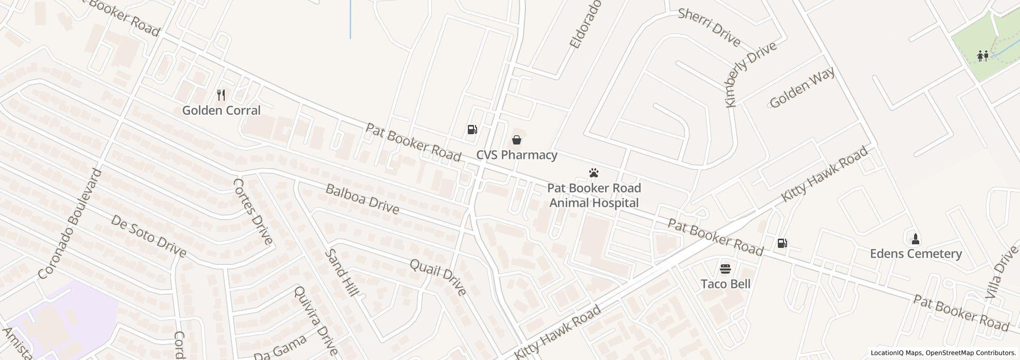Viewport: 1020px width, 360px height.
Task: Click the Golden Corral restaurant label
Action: pos(221,111)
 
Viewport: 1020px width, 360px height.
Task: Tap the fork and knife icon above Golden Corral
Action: pos(221,95)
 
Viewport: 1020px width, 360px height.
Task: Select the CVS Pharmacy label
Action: pos(517,155)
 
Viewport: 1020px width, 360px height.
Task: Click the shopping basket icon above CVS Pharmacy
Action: pos(517,139)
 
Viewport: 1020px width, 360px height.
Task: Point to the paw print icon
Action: pos(594,173)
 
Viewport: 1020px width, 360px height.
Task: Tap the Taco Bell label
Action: pos(725,284)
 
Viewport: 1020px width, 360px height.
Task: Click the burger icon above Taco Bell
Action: pos(725,268)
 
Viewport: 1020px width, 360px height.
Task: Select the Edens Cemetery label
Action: pos(915,254)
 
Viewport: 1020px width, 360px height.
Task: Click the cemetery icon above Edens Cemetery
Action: pos(915,239)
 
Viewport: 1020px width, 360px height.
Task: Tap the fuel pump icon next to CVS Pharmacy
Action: pos(472,129)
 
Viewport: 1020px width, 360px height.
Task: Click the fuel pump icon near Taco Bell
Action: pos(782,243)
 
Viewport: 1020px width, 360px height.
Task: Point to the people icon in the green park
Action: pos(982,56)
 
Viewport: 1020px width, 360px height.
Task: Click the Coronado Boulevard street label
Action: pos(71,224)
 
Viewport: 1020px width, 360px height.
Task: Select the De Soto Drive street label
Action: pos(148,236)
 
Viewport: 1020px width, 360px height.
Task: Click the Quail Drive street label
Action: pos(438,277)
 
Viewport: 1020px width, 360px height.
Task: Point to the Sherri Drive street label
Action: pos(709,27)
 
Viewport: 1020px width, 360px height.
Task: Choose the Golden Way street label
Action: pos(802,87)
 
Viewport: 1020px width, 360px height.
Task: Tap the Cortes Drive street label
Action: pos(252,211)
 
